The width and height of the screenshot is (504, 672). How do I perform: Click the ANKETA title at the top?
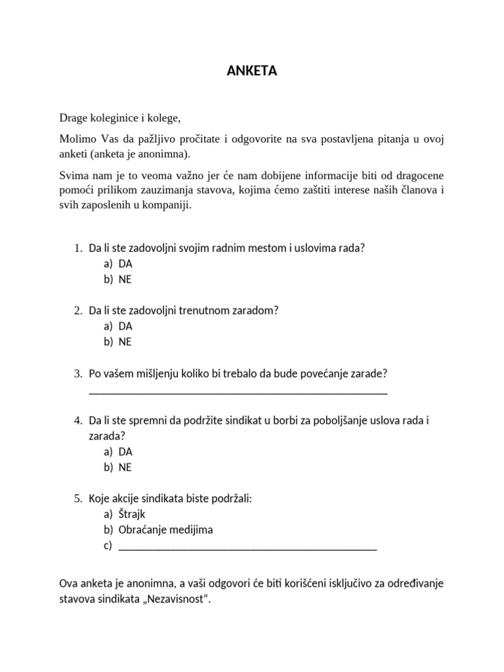(252, 72)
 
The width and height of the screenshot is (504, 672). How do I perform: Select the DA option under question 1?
(125, 264)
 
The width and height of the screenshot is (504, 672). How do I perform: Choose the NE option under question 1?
(125, 280)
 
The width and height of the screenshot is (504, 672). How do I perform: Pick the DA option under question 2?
(125, 326)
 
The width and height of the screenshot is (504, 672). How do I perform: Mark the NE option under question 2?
(125, 342)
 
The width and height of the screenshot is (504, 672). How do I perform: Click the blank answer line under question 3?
(238, 392)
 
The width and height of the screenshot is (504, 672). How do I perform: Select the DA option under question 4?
(125, 451)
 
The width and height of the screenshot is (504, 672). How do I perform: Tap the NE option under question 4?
(125, 467)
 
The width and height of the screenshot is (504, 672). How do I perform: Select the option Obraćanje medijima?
(166, 530)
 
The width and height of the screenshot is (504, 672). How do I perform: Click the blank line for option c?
(248, 547)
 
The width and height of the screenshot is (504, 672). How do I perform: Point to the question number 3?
(77, 374)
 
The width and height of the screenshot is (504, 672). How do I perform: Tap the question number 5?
(77, 499)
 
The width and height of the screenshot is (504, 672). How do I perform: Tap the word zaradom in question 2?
(253, 310)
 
